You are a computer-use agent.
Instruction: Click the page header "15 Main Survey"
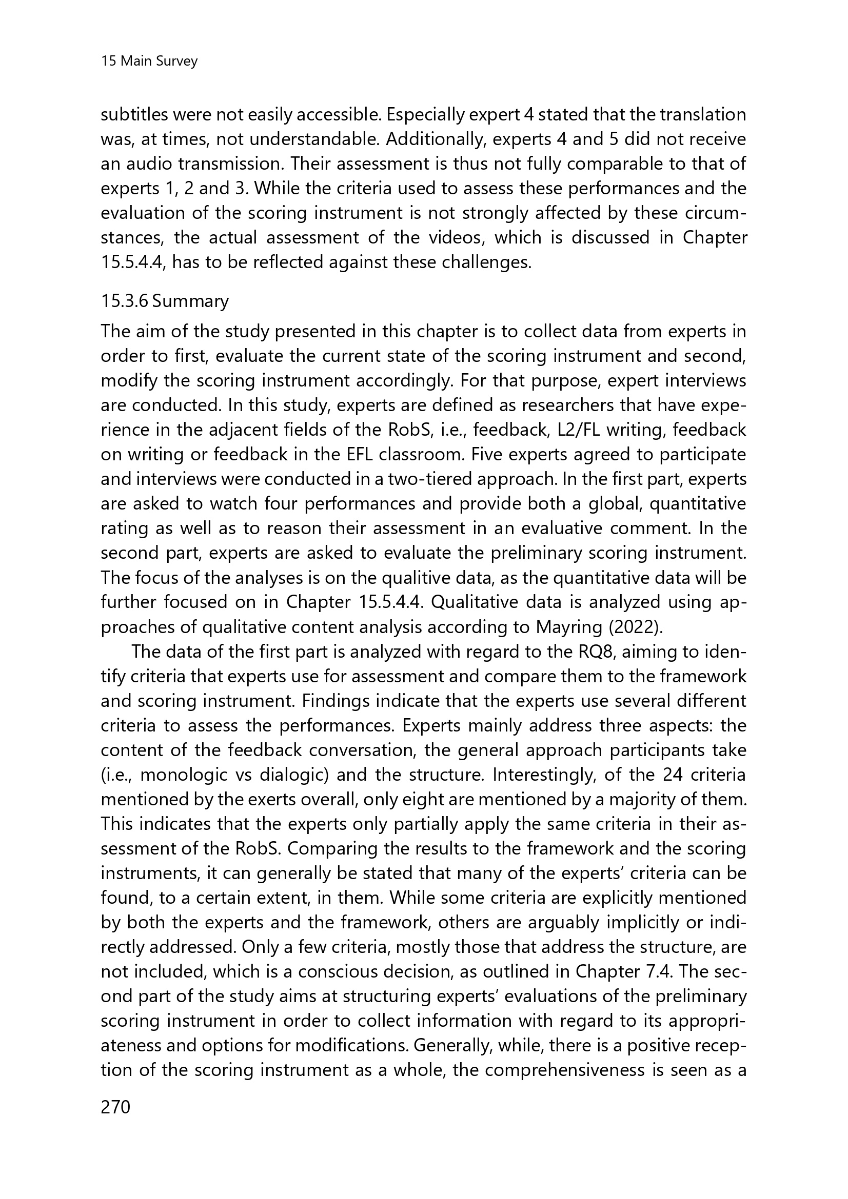pos(149,62)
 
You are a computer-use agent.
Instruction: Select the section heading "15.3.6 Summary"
pos(165,301)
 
